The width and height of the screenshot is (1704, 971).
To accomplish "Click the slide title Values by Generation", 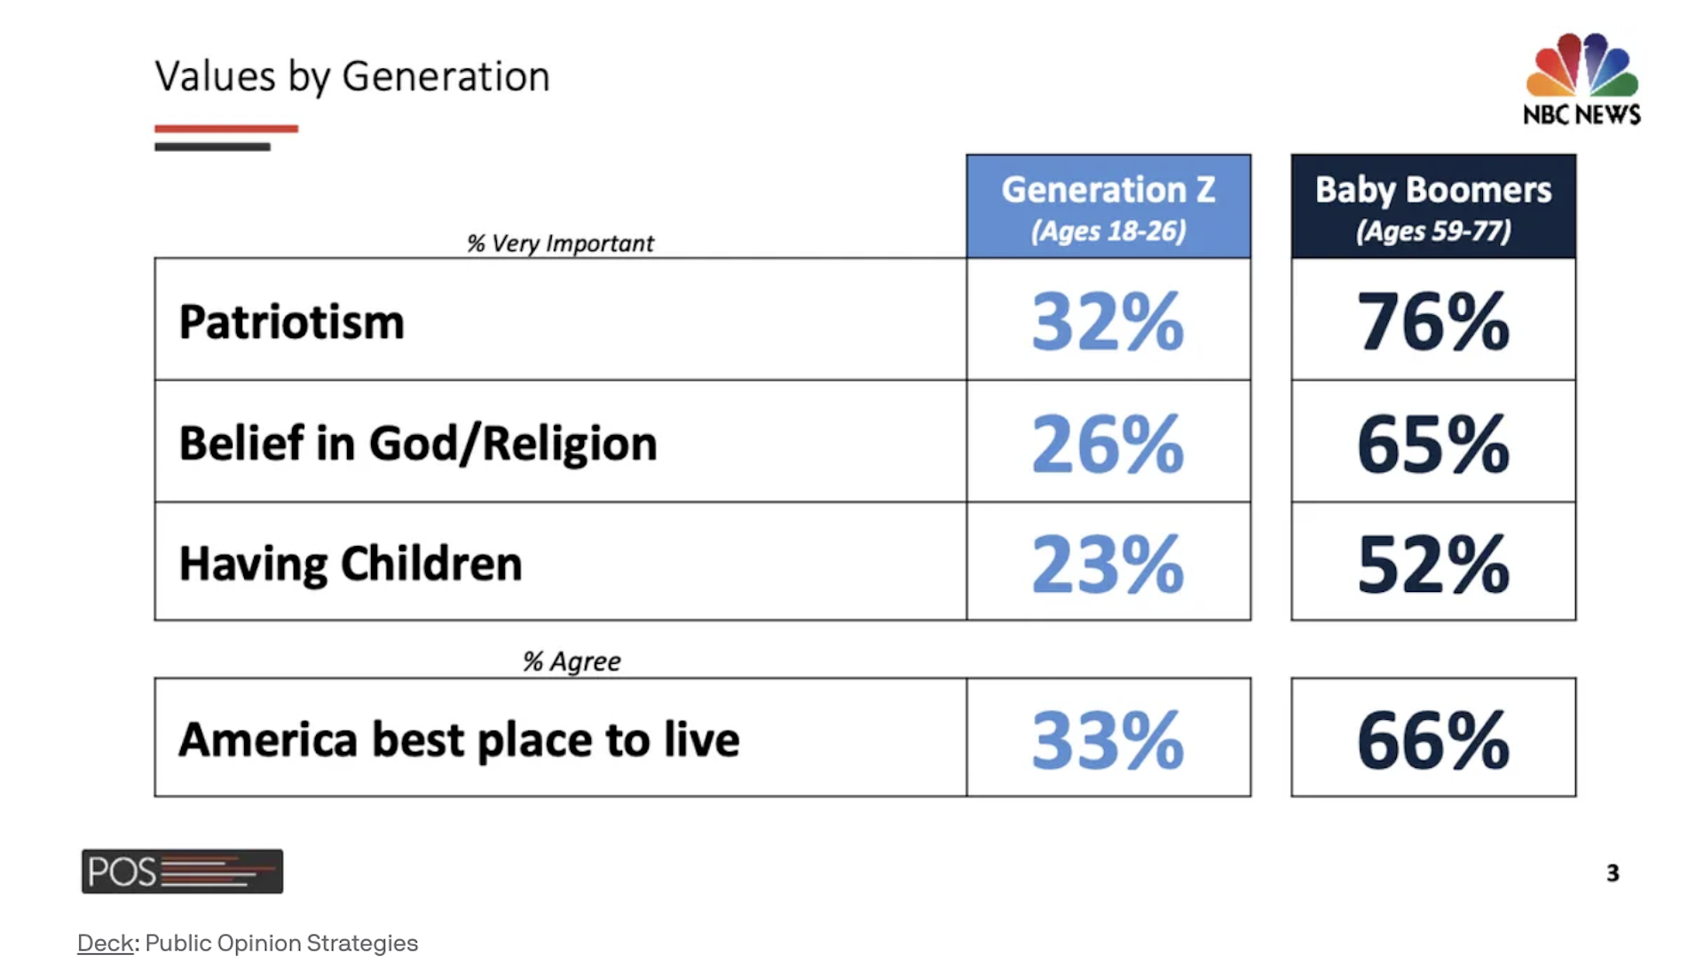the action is click(352, 77).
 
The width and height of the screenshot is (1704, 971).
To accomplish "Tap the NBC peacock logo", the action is click(1582, 65).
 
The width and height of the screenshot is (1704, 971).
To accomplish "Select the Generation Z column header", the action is click(1108, 207).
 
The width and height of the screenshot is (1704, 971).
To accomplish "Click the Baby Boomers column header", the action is click(1433, 207).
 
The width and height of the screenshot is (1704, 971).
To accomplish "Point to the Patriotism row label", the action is click(291, 321).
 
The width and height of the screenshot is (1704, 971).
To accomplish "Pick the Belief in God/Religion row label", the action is click(418, 443).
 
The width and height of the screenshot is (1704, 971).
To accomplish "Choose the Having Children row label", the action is click(351, 564).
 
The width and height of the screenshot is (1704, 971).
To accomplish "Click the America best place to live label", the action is click(459, 739).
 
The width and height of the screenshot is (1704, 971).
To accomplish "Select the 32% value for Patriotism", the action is click(1108, 321).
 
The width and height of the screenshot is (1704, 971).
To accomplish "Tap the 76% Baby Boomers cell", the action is click(1433, 321).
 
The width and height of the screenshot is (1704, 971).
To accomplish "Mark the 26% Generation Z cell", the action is click(1108, 443).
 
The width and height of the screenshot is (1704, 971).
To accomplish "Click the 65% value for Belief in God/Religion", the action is click(1433, 443).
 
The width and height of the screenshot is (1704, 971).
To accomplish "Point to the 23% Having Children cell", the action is click(1108, 564).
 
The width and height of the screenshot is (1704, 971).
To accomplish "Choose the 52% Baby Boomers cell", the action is click(1433, 564).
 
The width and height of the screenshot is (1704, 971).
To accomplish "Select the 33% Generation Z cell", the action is click(1108, 739).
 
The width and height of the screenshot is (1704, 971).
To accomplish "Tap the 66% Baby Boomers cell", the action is click(1433, 739).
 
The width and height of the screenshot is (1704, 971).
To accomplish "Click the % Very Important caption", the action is click(560, 243).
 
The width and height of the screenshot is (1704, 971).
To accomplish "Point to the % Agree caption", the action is click(572, 661).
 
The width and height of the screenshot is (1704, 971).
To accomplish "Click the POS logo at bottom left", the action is click(182, 871).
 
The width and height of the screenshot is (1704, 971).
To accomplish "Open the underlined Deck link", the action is click(106, 943).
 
